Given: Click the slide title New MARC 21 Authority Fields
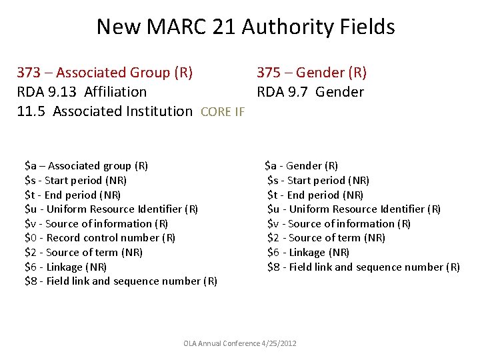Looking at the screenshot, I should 245,27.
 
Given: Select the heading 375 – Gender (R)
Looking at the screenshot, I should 312,73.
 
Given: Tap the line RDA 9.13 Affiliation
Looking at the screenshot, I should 82,92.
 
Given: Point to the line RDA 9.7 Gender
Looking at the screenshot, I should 311,92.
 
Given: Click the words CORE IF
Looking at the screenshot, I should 223,112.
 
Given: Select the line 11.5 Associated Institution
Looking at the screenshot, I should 105,111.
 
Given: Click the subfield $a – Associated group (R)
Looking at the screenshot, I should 86,166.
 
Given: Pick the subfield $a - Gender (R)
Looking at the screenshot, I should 301,166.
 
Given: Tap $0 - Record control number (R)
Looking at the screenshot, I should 100,238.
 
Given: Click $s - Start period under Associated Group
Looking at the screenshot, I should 75,181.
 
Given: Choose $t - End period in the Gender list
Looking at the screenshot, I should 315,195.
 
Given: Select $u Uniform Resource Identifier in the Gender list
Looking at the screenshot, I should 354,209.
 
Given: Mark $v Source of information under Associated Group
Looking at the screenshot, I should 96,224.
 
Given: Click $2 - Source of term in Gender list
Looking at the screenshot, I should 326,238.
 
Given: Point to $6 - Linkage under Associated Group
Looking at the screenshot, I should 65,267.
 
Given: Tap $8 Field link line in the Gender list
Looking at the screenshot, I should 363,267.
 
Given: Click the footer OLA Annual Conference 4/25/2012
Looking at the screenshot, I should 240,343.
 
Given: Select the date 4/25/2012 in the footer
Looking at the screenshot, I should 280,343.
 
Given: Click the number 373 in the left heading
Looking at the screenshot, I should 29,73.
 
